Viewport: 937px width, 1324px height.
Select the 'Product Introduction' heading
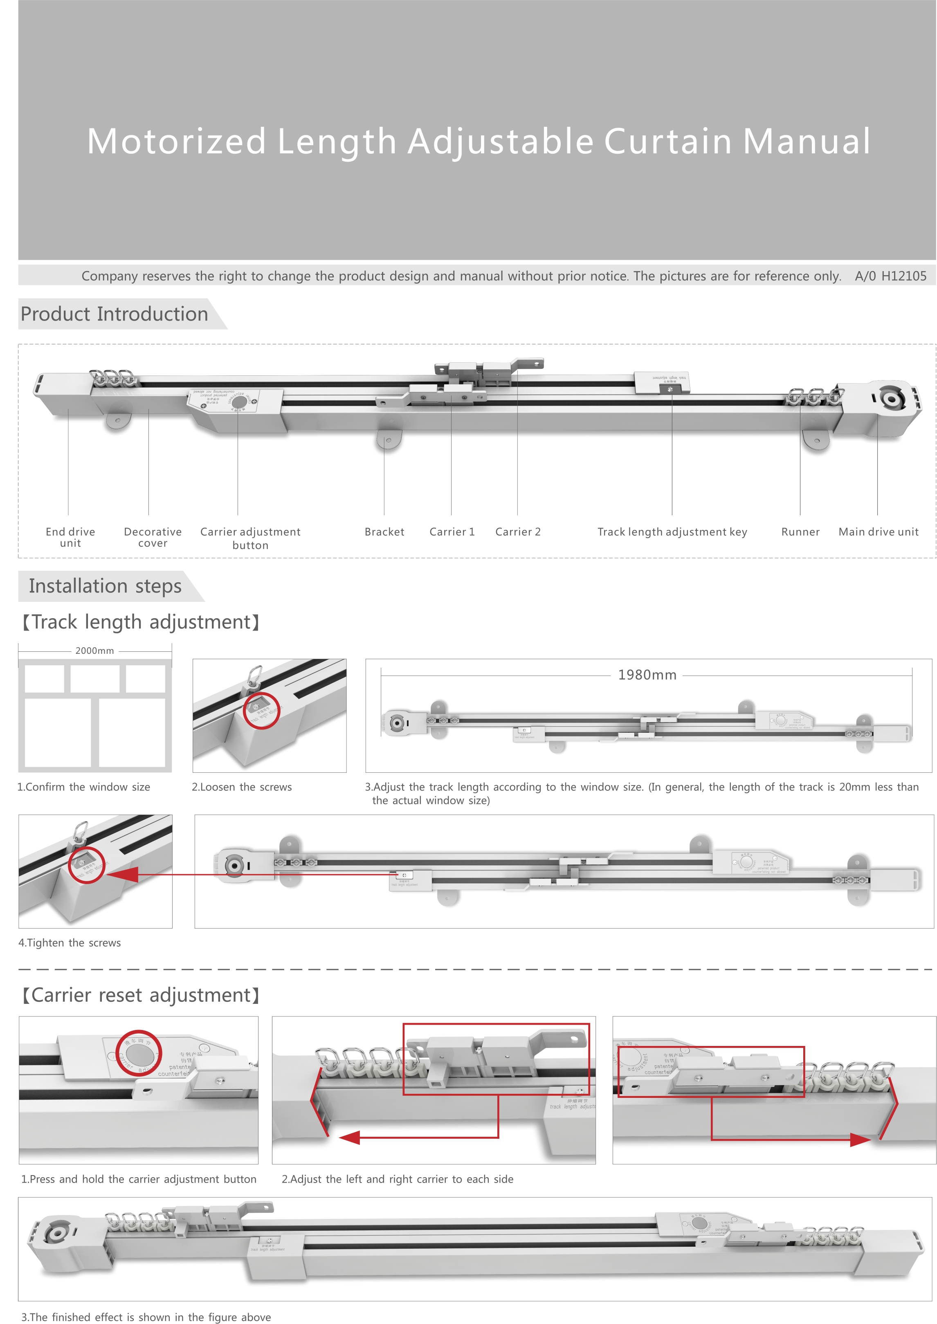tap(114, 314)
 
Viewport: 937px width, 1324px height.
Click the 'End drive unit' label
tap(70, 537)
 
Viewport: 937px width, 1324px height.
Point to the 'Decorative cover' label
tap(153, 537)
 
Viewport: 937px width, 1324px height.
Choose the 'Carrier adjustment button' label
tap(250, 538)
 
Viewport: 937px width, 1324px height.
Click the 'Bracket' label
tap(384, 532)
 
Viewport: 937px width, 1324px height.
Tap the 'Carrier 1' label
tap(452, 532)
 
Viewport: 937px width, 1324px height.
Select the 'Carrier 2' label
tap(517, 532)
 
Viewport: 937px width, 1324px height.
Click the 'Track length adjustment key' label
tap(672, 532)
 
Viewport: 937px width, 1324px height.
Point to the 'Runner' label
tap(800, 532)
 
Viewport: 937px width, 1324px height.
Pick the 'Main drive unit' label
tap(878, 532)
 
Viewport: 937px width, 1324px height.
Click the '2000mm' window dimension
tap(94, 651)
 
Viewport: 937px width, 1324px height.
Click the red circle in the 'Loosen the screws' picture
tap(261, 711)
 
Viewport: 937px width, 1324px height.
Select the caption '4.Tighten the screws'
tap(70, 943)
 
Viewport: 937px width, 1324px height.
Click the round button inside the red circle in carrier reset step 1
tap(139, 1053)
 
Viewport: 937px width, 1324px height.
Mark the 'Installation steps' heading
tap(105, 586)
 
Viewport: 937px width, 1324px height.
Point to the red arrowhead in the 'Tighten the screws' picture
tap(123, 875)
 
